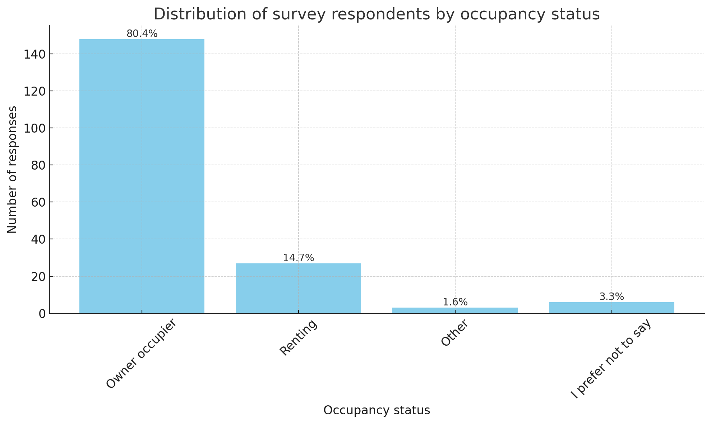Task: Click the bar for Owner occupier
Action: [x=142, y=176]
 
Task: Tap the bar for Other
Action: [x=455, y=310]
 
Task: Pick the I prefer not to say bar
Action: [x=611, y=308]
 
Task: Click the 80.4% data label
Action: [x=142, y=34]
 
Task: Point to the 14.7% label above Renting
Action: [x=298, y=258]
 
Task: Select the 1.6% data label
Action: [x=455, y=302]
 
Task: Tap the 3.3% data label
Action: [x=611, y=297]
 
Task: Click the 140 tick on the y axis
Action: [x=34, y=54]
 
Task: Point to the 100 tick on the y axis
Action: [x=34, y=128]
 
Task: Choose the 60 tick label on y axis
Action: [x=38, y=202]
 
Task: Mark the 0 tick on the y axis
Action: [x=42, y=314]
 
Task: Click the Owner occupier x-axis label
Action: [x=142, y=354]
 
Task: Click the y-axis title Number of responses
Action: [x=12, y=169]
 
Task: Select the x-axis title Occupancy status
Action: [x=377, y=410]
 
